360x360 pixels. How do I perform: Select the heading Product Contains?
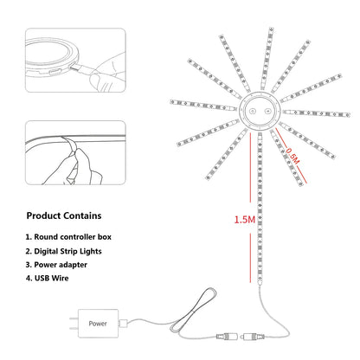coord(63,215)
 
